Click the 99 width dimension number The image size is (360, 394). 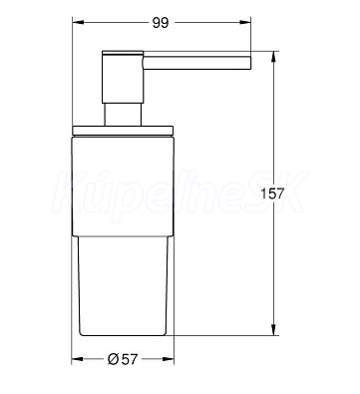[161, 23]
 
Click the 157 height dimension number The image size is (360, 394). [272, 194]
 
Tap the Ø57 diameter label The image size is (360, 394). [123, 359]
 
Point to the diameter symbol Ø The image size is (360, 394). [113, 359]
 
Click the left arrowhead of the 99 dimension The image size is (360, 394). [78, 23]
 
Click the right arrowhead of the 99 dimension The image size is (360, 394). [245, 23]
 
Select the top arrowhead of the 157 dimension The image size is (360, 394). [273, 56]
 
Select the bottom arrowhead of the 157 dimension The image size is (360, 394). [273, 330]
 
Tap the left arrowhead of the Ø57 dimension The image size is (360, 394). [77, 359]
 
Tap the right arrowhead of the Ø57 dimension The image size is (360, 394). [169, 359]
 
